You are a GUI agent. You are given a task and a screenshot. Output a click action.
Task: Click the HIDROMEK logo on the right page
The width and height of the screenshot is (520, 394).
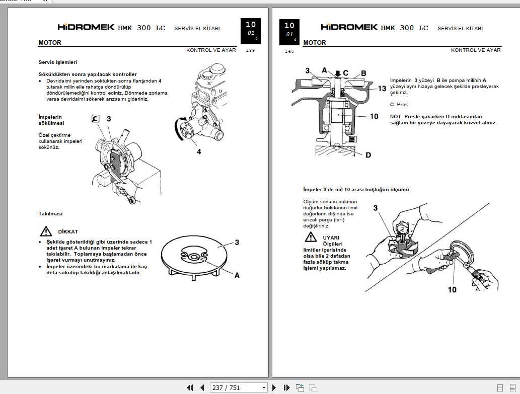point(349,28)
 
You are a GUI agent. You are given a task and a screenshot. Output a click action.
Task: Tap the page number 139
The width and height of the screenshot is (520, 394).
point(250,51)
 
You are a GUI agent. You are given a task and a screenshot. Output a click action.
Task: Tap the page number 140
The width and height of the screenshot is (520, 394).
point(289,51)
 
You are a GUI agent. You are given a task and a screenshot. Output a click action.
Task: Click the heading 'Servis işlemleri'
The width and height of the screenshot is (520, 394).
point(58,62)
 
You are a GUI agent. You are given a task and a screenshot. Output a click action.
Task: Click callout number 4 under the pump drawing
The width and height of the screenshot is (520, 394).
point(199,151)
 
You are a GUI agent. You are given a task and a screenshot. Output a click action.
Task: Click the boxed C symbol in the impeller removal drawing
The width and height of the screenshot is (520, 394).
point(95,119)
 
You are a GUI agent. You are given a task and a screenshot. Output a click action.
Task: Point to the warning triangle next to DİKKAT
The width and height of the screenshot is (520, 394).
point(46,231)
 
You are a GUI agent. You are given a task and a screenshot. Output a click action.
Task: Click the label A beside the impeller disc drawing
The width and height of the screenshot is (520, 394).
point(237,275)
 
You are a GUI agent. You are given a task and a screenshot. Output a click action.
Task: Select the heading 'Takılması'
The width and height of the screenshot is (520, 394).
point(51,213)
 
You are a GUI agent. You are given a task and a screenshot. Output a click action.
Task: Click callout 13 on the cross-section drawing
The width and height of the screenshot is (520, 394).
point(382,89)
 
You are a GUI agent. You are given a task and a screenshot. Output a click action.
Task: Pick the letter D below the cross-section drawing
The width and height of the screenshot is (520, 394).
point(368,155)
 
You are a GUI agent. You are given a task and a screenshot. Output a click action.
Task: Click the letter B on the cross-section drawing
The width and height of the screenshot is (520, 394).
point(363,73)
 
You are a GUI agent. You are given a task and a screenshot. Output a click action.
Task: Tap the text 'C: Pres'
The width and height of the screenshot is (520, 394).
point(399,105)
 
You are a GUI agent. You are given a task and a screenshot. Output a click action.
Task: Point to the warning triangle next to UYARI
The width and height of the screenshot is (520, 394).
point(310,238)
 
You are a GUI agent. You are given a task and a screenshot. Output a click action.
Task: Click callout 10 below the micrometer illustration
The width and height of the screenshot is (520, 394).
point(452,289)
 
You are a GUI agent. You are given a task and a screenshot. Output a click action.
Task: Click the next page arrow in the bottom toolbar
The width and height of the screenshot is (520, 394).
point(274,387)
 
